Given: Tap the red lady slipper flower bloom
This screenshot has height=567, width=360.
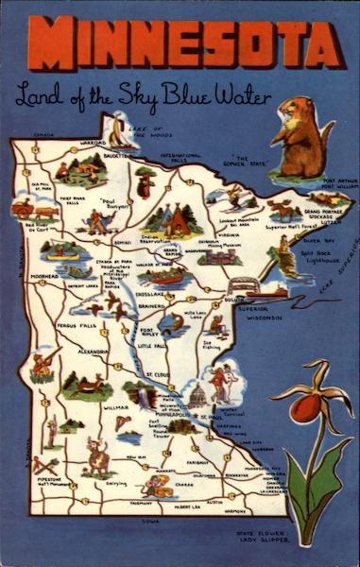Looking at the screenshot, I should (x=305, y=408).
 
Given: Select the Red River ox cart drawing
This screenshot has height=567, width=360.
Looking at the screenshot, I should (x=23, y=210).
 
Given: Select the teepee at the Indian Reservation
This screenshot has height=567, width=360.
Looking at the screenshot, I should (x=176, y=221).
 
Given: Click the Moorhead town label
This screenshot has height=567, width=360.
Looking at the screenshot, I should (x=44, y=277).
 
